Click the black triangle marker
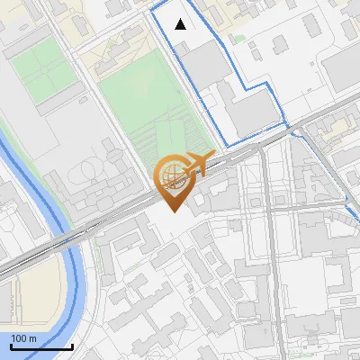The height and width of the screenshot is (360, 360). [x=181, y=24]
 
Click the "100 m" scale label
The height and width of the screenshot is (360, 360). [x=23, y=337]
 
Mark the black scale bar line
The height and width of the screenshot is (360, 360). [x=42, y=346]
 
